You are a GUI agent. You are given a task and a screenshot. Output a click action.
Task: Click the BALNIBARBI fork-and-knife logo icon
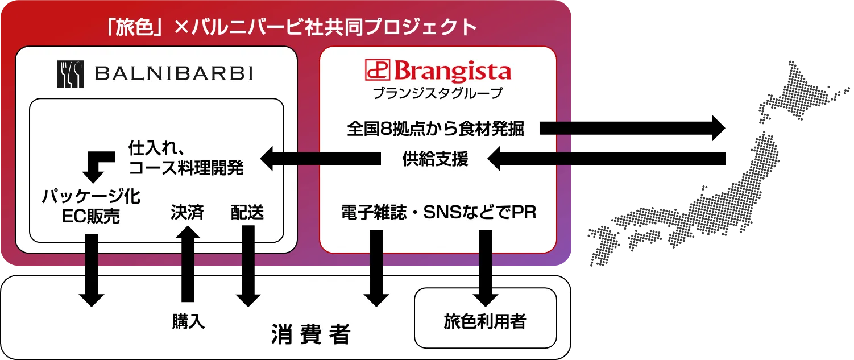pos(71,74)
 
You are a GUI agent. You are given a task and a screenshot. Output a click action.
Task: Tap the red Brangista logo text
pos(438,72)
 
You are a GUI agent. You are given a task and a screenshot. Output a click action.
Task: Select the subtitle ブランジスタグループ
pos(438,93)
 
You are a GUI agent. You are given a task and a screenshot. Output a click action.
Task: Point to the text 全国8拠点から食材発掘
pos(436,129)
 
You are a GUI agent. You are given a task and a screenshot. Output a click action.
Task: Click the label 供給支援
pos(436,159)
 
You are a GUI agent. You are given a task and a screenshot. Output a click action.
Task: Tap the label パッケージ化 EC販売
pos(91,206)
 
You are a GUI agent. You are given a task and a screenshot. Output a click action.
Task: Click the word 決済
pos(187,213)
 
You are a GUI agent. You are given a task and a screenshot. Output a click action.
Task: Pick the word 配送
pos(247,213)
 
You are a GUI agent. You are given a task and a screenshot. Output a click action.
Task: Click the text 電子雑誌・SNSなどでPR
pos(438,213)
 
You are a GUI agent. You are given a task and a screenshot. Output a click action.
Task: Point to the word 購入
pos(188,322)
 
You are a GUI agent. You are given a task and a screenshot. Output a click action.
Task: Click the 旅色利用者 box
pos(485,322)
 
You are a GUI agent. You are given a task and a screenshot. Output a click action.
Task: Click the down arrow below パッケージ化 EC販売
pos(91,271)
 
